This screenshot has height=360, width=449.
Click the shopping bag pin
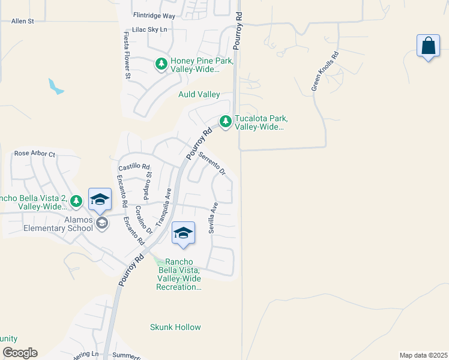point(427,46)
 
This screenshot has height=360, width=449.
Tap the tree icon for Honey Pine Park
point(161,64)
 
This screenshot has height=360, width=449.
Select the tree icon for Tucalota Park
point(226,122)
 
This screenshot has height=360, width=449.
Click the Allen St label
point(23,21)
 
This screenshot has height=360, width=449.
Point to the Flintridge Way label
point(154,16)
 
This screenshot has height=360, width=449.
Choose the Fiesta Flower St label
point(127,56)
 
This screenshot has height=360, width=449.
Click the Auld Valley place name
point(199,94)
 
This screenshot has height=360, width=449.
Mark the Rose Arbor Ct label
point(34,154)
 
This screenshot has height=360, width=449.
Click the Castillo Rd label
point(134,167)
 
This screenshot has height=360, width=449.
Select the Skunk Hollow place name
point(175,327)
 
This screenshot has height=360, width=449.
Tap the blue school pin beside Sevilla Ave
point(183,233)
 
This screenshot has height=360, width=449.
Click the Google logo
point(20,353)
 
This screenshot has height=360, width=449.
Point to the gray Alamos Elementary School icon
point(102,224)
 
